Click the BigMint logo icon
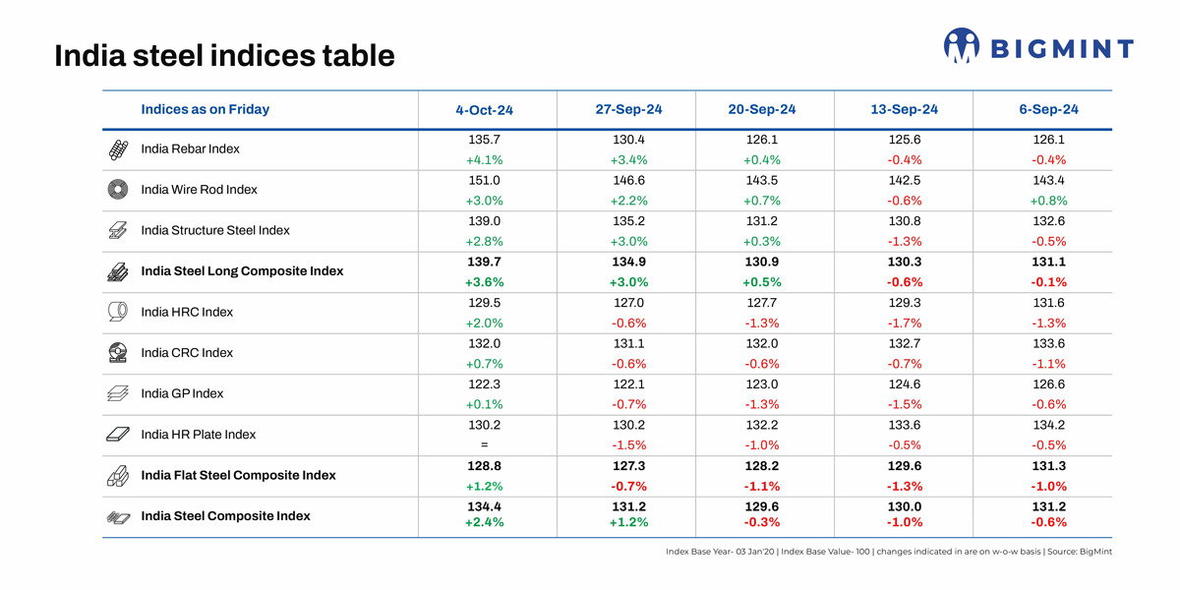point(961,45)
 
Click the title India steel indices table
point(224,55)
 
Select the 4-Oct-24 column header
point(484,110)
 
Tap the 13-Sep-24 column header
point(904,109)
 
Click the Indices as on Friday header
point(205,109)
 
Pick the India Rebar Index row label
point(190,149)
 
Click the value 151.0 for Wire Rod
point(484,181)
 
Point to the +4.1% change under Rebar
point(484,160)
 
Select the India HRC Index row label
point(187,313)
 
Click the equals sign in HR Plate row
point(484,445)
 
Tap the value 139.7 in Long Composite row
point(484,263)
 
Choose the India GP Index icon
point(118,393)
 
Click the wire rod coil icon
point(118,190)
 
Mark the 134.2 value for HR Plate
point(1042,426)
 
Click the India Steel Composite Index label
point(225,516)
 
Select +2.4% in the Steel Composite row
point(484,523)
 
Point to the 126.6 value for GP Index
point(1042,384)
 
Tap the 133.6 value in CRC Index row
point(1042,344)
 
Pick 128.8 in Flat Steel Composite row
point(484,467)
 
